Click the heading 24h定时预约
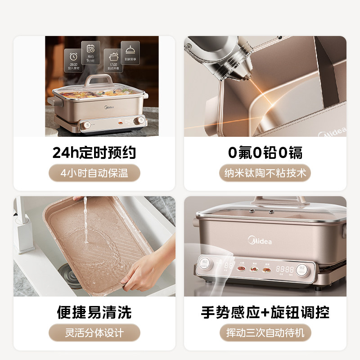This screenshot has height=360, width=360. click(x=94, y=153)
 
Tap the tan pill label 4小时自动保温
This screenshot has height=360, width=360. click(x=94, y=173)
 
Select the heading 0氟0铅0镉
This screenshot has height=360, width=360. click(x=265, y=153)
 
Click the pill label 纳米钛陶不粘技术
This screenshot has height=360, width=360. click(x=265, y=173)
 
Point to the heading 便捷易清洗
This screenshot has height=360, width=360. click(x=94, y=312)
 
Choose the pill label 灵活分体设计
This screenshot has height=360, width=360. click(x=94, y=333)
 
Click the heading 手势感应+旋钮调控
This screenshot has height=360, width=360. click(x=265, y=312)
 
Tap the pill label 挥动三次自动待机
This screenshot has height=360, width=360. click(x=265, y=333)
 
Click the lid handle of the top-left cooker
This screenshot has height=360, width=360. click(x=97, y=80)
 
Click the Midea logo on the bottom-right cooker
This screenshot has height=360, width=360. click(x=260, y=240)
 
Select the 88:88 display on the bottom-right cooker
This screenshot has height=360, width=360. click(x=284, y=269)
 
